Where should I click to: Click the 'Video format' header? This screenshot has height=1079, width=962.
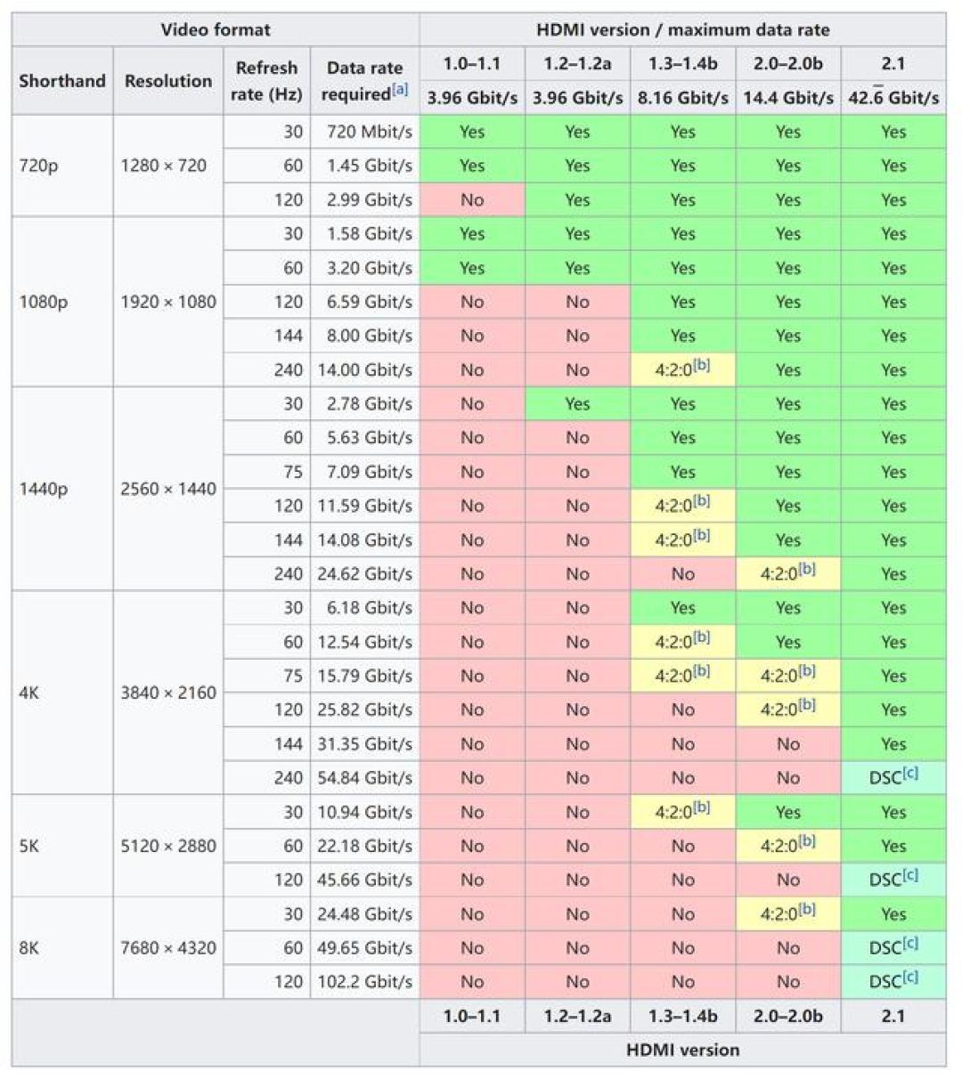[216, 30]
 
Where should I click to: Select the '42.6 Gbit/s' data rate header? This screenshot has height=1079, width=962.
[893, 97]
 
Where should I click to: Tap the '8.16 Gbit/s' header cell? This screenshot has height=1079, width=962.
[682, 98]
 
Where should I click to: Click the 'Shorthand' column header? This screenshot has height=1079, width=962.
[62, 81]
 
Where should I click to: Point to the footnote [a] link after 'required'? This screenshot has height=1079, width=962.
[400, 90]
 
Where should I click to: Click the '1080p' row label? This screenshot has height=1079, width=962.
[44, 302]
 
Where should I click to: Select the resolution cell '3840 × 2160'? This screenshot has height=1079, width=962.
[168, 693]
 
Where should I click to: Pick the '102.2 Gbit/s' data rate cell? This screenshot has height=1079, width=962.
[365, 981]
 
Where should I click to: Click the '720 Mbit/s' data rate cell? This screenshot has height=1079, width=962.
[370, 132]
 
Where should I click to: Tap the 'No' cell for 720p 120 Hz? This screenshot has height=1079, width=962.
[472, 199]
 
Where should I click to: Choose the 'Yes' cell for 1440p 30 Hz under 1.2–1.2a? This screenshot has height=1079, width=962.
[578, 403]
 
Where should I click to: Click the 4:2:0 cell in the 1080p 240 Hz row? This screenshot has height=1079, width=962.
[682, 369]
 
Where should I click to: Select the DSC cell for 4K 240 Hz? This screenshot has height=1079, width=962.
[893, 777]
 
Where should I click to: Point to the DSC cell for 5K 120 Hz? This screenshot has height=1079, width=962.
[893, 880]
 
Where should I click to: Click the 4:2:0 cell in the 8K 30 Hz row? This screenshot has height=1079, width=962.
[788, 913]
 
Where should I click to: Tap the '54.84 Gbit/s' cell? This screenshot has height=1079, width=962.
[365, 777]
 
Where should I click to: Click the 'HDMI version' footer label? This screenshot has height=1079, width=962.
[682, 1049]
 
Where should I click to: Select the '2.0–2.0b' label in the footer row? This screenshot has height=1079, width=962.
[788, 1016]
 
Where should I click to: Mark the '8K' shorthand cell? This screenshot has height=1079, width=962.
[29, 947]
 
